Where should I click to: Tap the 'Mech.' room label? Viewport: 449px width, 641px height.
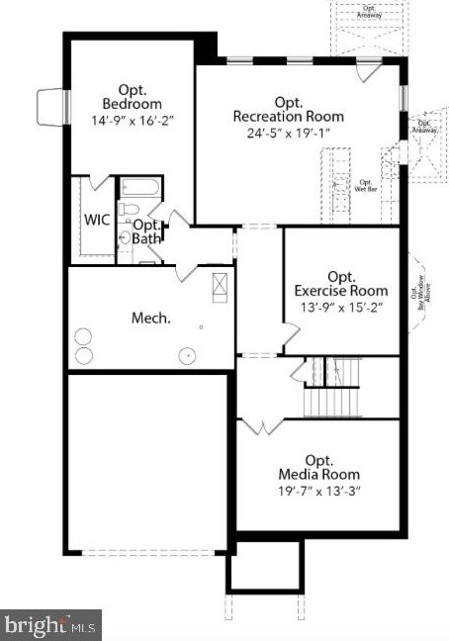[x=151, y=319]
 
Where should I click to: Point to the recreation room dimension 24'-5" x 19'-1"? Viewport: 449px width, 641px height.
[x=289, y=133]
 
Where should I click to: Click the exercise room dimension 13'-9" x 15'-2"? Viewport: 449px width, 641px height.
[x=340, y=308]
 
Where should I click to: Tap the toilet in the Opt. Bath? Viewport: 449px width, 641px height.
[x=128, y=210]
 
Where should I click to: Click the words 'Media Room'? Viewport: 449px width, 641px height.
[x=318, y=476]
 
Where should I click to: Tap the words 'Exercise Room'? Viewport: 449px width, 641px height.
[x=341, y=291]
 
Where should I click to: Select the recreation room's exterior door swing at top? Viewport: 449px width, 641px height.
[x=367, y=72]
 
